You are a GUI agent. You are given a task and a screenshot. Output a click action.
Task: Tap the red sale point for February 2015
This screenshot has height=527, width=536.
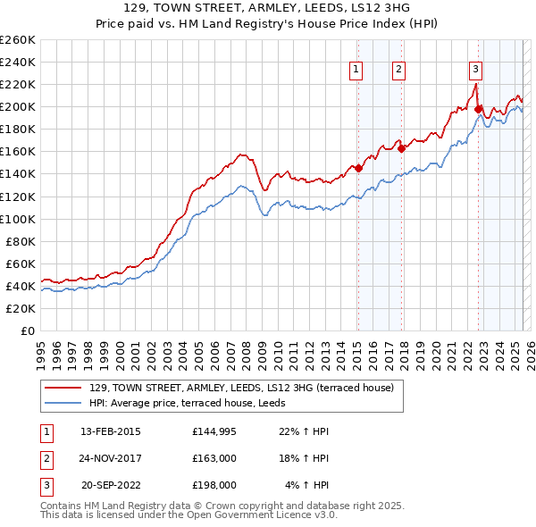pyautogui.click(x=358, y=168)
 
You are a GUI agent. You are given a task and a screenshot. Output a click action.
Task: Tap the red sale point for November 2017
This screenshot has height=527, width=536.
pyautogui.click(x=401, y=148)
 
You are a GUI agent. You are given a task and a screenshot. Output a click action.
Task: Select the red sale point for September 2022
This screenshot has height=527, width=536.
pyautogui.click(x=478, y=109)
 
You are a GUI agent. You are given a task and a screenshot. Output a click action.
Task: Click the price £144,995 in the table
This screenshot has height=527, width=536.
pyautogui.click(x=214, y=431)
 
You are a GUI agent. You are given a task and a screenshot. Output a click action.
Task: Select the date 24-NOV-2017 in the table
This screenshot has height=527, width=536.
pyautogui.click(x=111, y=458)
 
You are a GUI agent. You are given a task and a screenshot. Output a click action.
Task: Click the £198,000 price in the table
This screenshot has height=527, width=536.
pyautogui.click(x=214, y=485)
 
